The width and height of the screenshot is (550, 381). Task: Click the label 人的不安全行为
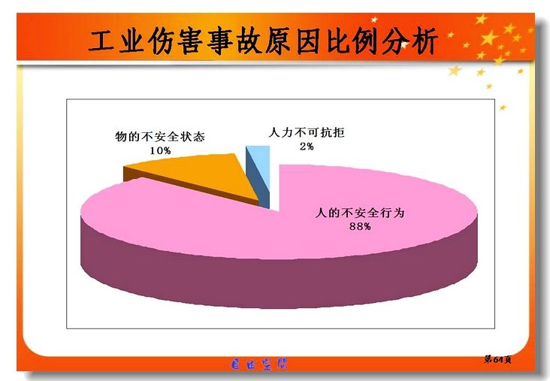pyautogui.click(x=360, y=213)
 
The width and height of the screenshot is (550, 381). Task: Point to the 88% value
pyautogui.click(x=360, y=227)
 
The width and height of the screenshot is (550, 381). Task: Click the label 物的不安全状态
pyautogui.click(x=160, y=137)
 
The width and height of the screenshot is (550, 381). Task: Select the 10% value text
pyautogui.click(x=160, y=150)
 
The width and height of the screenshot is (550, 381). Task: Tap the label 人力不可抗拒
pyautogui.click(x=307, y=132)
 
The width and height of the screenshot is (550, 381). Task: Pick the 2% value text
pyautogui.click(x=307, y=147)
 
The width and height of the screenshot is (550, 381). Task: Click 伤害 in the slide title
pyautogui.click(x=174, y=41)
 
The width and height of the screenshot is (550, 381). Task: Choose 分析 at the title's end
pyautogui.click(x=409, y=41)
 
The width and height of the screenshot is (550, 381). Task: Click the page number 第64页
pyautogui.click(x=497, y=359)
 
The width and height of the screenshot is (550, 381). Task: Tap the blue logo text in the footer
pyautogui.click(x=259, y=364)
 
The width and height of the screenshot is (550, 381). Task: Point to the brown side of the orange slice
pyautogui.click(x=189, y=186)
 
